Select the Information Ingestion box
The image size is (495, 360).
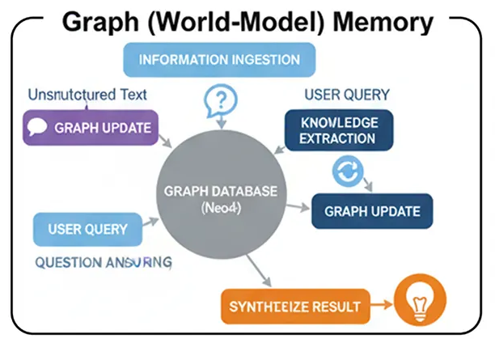pos(218,60)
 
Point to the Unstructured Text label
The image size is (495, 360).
pos(87,94)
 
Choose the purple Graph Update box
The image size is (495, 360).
pos(91,128)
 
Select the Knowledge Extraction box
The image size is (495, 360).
pos(338,129)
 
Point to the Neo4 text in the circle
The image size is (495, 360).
pos(220,208)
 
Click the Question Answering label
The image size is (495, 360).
pos(103,262)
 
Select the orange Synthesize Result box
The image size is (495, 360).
pos(295,307)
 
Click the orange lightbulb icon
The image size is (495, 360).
pos(419,305)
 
